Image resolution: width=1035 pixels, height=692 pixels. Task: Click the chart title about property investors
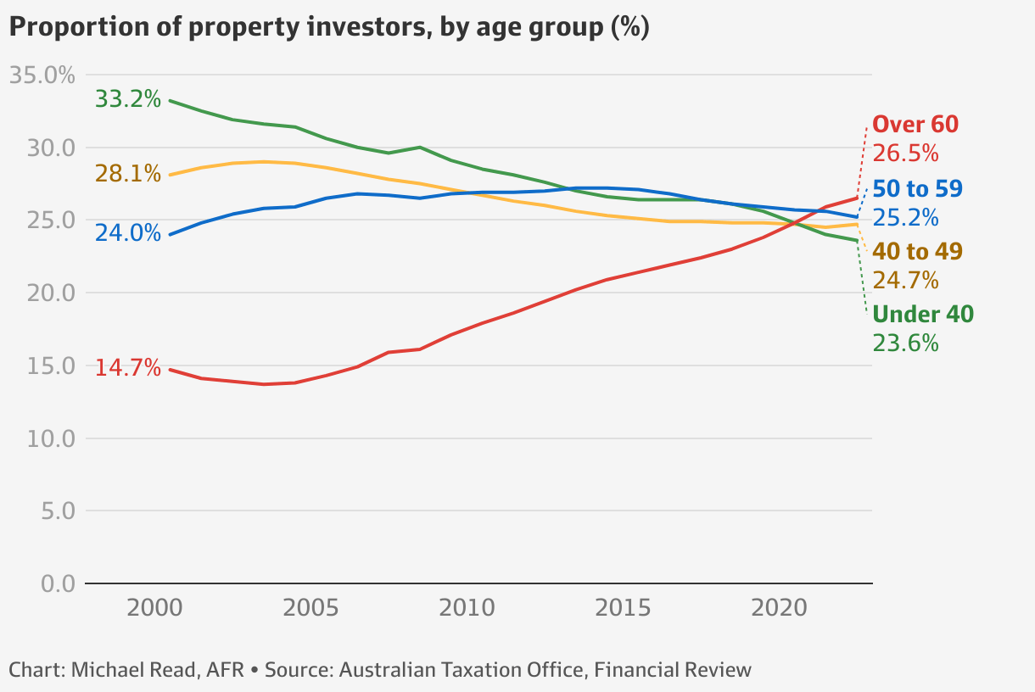(329, 27)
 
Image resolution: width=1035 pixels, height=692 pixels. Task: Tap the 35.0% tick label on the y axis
(42, 75)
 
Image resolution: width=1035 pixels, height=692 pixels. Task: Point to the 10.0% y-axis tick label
(42, 439)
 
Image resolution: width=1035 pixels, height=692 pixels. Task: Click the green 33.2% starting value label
(127, 99)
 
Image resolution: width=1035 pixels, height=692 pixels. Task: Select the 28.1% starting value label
(127, 174)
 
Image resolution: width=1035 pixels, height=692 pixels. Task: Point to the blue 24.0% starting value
(127, 233)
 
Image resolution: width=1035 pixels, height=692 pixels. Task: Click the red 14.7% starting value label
(127, 368)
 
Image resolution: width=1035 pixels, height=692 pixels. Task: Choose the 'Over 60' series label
(915, 125)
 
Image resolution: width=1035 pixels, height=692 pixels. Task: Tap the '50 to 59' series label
(917, 189)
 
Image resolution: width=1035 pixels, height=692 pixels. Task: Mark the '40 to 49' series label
(917, 252)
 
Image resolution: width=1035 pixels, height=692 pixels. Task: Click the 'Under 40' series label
(923, 315)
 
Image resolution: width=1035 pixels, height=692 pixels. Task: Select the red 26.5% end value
(905, 153)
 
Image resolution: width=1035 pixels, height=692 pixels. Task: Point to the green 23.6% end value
(905, 343)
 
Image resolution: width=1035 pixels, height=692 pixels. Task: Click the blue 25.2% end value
(905, 218)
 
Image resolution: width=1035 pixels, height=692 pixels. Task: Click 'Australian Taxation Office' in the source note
(462, 670)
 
